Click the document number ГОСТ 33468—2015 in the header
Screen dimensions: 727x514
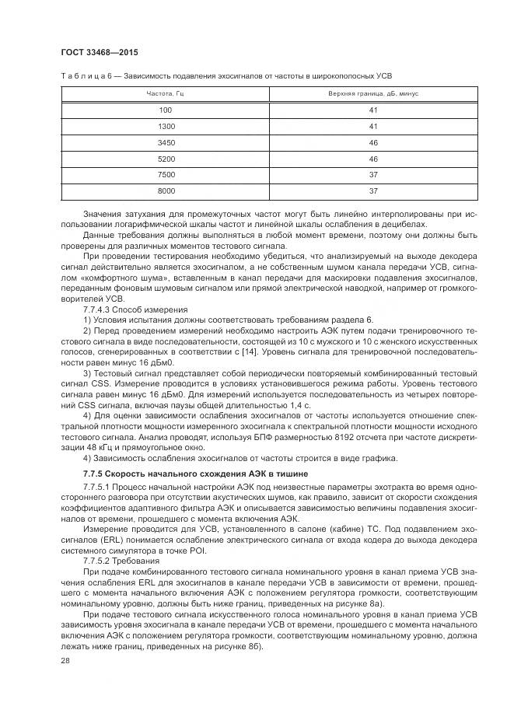[x=96, y=51]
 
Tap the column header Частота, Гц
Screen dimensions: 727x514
[x=165, y=93]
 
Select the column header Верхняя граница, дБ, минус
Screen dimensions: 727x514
[x=372, y=93]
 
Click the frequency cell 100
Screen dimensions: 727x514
[x=165, y=110]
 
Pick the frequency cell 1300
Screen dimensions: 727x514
[x=166, y=126]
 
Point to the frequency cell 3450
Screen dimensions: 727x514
[x=166, y=142]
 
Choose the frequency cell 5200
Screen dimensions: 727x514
[x=166, y=159]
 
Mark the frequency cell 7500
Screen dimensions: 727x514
[x=166, y=175]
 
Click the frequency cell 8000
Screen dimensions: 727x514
[x=166, y=190]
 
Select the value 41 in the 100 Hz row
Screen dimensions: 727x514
[x=372, y=110]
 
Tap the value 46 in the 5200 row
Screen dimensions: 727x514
[x=372, y=159]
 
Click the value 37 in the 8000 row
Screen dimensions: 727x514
[x=372, y=190]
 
